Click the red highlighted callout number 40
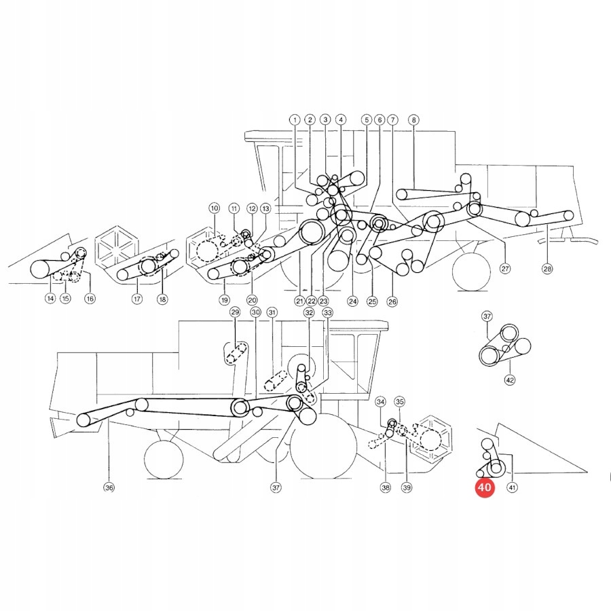[485, 487]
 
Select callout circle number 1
[295, 119]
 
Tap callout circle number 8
[413, 119]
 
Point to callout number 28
[547, 268]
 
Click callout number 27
[504, 268]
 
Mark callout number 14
[50, 298]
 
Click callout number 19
[223, 299]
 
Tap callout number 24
[352, 301]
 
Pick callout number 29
[235, 312]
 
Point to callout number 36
[109, 487]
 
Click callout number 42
[510, 380]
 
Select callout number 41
[513, 487]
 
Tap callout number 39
[407, 487]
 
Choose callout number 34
[380, 402]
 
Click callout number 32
[309, 312]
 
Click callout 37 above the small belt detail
[487, 316]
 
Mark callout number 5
[366, 119]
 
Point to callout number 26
[392, 301]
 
